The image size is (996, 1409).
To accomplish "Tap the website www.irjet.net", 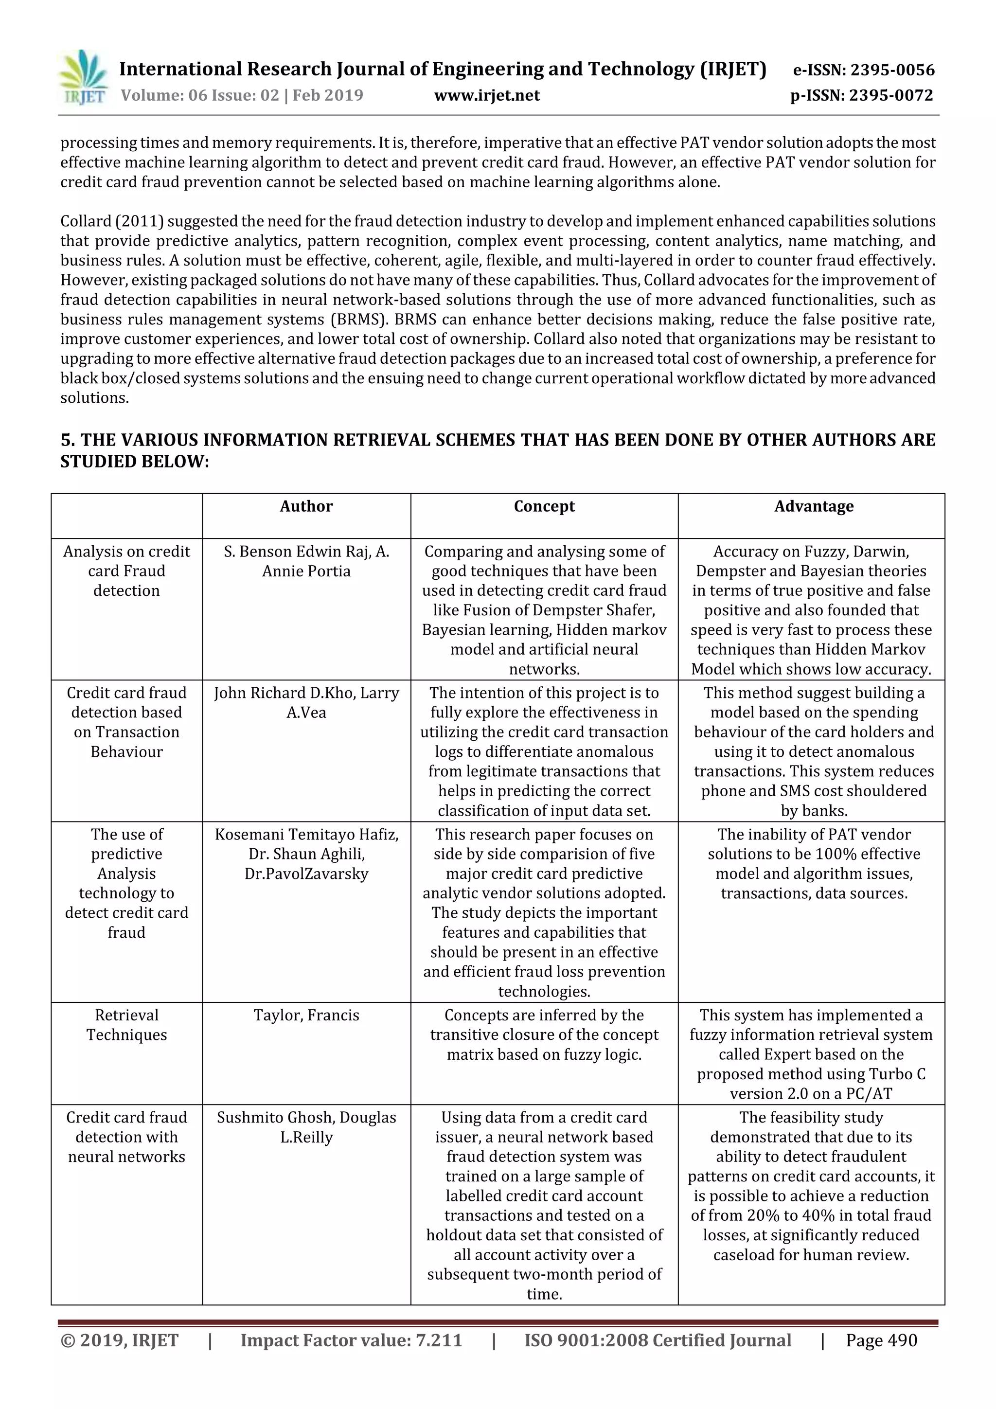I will point(487,96).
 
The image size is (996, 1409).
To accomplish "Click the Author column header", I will point(306,506).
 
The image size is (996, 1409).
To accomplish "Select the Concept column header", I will point(544,506).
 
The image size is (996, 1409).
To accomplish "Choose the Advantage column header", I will point(813,506).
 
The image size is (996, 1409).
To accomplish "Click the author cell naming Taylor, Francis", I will point(306,1015).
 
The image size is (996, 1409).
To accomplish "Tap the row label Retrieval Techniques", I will point(126,1025).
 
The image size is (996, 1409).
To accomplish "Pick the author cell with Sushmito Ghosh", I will point(306,1127).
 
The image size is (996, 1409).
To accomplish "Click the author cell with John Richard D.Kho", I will point(306,703).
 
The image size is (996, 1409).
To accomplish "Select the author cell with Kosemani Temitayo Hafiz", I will point(306,854).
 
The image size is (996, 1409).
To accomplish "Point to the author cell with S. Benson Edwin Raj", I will point(306,561).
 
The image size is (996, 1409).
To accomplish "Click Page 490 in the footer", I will point(881,1340).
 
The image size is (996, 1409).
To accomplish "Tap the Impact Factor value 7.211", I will point(439,1340).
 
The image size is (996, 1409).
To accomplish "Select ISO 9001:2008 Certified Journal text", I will point(657,1340).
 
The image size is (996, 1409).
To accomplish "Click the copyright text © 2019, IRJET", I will point(120,1340).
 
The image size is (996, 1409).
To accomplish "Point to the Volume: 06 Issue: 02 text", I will point(199,96).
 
